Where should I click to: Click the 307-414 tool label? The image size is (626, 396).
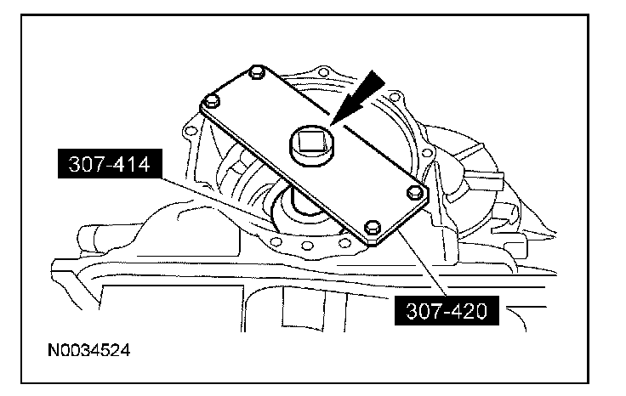pos(110,163)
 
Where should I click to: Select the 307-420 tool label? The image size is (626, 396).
pos(447,311)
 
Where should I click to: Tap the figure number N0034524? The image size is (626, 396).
pos(89,351)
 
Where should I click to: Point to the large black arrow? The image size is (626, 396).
pos(356,98)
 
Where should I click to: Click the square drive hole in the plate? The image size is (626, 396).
pos(311,143)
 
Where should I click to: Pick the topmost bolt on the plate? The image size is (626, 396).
pos(256,71)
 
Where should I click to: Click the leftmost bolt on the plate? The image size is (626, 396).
pos(212,100)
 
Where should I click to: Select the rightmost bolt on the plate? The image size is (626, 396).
pos(415,193)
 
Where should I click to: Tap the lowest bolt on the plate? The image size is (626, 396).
pos(372,228)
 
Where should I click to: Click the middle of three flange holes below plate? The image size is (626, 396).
pos(307,245)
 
